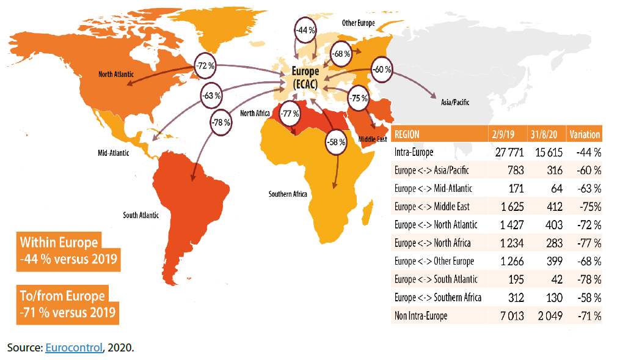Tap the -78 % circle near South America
221,122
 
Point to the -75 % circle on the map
359,98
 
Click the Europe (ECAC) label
305,77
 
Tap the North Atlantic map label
116,75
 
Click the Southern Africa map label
288,194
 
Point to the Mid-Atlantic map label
114,153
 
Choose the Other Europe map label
358,23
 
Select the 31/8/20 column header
544,134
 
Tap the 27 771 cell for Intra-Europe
505,152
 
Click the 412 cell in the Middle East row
553,207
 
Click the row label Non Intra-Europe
421,316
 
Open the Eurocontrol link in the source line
73,348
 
